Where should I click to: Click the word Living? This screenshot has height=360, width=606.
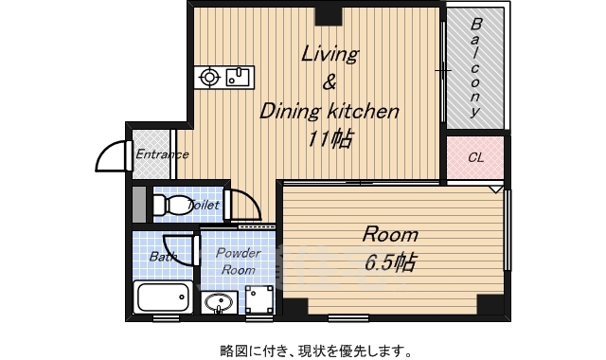tap(330, 54)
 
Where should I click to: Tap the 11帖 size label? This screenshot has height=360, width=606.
tap(330, 138)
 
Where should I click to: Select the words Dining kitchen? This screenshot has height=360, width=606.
tap(330, 111)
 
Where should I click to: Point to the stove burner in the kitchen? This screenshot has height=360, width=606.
tap(210, 77)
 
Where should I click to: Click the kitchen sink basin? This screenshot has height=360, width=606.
tap(238, 76)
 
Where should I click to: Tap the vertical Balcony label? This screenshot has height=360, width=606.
tap(475, 66)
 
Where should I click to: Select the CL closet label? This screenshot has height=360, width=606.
tap(475, 157)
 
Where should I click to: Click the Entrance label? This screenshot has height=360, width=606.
tap(162, 154)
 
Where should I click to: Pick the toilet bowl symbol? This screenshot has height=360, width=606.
tap(170, 205)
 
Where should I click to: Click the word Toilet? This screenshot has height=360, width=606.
tap(204, 205)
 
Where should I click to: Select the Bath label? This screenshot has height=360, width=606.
tap(162, 256)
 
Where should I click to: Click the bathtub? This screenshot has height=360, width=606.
tap(164, 297)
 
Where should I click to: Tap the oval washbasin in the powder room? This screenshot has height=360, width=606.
tap(219, 304)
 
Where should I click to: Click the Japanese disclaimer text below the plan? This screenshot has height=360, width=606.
tap(303, 350)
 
